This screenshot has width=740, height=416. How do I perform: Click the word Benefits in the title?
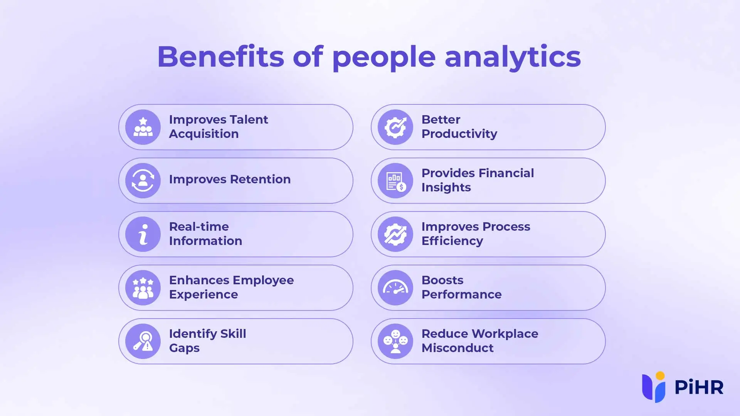221,57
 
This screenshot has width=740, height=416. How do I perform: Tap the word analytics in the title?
513,58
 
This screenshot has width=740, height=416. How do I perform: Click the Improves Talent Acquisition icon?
143,127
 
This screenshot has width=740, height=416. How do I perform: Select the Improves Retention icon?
143,181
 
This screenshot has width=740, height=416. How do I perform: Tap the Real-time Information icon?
143,234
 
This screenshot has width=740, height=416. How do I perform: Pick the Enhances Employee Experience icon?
143,288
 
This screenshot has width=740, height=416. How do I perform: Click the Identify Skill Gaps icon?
143,341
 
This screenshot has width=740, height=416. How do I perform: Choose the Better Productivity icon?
395,127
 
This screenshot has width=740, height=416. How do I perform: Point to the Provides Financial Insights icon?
395,181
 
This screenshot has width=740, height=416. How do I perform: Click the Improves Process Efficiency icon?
395,234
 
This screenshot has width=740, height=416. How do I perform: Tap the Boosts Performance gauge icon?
395,288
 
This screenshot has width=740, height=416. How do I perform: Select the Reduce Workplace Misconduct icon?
395,341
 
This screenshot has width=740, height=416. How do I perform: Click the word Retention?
260,179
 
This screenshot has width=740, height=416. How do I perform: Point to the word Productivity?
459,134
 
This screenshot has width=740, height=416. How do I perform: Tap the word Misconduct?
457,348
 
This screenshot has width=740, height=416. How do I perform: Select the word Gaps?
184,348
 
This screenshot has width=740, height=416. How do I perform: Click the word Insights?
446,188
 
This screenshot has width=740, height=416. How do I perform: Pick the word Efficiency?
452,241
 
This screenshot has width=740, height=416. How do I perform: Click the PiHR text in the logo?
699,387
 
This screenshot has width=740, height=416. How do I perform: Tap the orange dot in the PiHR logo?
660,376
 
